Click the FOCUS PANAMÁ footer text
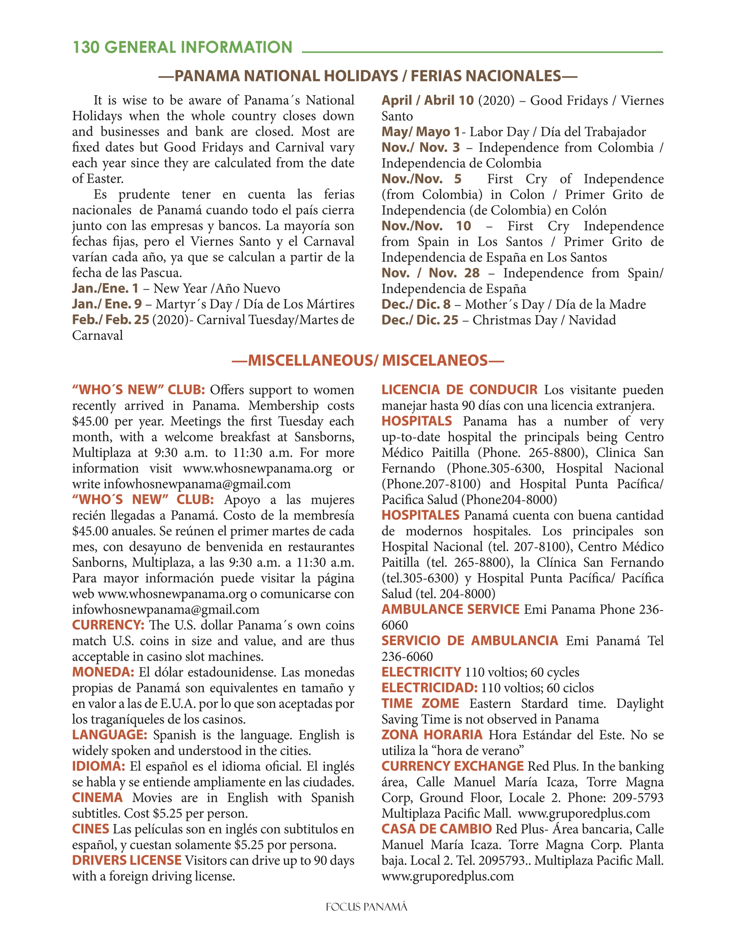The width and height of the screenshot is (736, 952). tap(367, 907)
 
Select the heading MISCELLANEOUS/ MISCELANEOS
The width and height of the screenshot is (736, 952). tap(368, 360)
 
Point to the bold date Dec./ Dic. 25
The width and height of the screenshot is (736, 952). tap(420, 320)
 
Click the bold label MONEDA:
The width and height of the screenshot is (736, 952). tap(103, 672)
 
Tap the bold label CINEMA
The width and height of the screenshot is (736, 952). tap(97, 798)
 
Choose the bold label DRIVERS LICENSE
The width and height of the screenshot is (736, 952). tap(126, 861)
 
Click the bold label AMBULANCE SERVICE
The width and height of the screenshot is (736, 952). tap(450, 609)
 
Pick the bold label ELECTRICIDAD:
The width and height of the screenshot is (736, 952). tap(429, 688)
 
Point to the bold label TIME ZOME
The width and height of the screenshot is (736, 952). tap(420, 704)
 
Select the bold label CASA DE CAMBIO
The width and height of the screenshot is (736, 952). tap(436, 829)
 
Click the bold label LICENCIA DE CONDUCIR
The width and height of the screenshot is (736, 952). tap(459, 390)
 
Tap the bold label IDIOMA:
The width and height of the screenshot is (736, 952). tap(98, 766)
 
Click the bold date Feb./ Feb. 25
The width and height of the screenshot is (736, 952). tap(110, 320)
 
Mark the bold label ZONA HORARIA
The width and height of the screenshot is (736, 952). tap(432, 735)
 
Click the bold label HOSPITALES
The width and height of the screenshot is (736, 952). tap(420, 516)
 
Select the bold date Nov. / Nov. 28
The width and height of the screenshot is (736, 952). tap(430, 273)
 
